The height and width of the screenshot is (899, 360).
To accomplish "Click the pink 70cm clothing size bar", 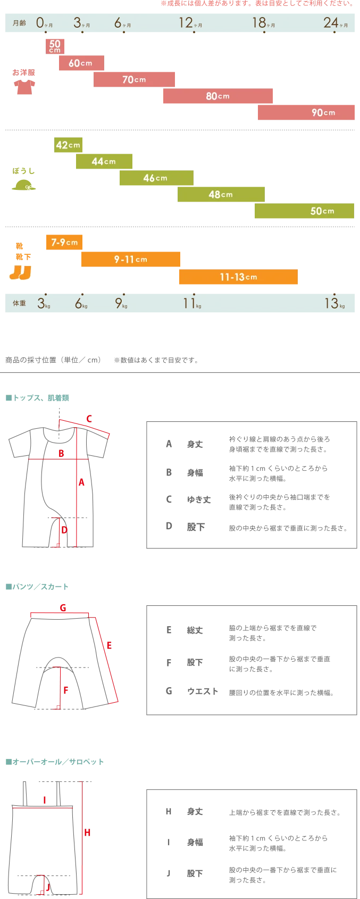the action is (x=134, y=79).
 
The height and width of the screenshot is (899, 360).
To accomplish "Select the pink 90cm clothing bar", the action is (x=306, y=112).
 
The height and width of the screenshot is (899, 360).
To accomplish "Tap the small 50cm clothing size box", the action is (x=55, y=46).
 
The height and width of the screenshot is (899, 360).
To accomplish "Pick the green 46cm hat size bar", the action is (x=156, y=178).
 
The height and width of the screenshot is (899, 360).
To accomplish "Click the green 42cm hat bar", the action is (x=68, y=145).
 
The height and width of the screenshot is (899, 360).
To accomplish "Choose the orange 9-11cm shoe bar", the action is (x=131, y=259).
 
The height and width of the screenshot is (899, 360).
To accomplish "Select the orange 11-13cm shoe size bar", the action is (x=238, y=277).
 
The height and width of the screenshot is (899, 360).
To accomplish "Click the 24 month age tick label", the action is (x=336, y=23).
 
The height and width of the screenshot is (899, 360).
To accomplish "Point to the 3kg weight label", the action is (x=44, y=303).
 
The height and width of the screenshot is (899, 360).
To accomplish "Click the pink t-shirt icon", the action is (x=24, y=87).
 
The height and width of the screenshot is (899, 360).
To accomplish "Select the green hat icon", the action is (x=24, y=185).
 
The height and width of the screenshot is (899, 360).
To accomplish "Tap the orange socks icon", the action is (x=20, y=272).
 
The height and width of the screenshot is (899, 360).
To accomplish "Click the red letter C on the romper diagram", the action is (x=89, y=419).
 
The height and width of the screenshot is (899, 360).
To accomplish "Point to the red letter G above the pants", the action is (x=63, y=607).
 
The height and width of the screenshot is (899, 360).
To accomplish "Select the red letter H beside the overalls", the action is (x=87, y=833).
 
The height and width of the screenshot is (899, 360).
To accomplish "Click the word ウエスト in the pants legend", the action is (x=202, y=691).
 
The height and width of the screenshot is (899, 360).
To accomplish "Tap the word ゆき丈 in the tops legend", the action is (x=199, y=500).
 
